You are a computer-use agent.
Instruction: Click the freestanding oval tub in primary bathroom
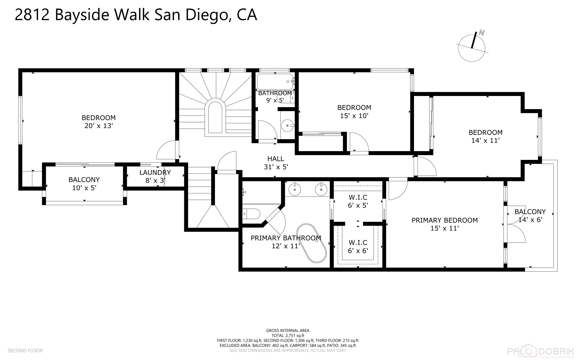point(312,243)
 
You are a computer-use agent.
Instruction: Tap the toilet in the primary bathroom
point(252,214)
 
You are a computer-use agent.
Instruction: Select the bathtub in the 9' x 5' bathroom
point(275,82)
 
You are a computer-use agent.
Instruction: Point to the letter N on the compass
point(482,33)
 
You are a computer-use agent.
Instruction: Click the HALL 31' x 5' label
point(276,163)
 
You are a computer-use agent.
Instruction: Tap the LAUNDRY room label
point(155,173)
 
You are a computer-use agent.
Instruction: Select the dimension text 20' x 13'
point(98,126)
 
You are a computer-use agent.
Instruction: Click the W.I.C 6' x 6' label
point(358,247)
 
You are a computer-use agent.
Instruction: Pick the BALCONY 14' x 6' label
point(530,216)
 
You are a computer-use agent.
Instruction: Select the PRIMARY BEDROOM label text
point(444,220)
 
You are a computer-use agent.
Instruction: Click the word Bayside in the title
point(82,15)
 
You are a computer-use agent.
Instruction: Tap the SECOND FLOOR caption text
point(25,350)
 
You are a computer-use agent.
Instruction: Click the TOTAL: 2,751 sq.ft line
point(287,336)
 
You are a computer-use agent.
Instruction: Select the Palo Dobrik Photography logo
point(540,351)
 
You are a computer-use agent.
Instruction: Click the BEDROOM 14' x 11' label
point(485,136)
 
